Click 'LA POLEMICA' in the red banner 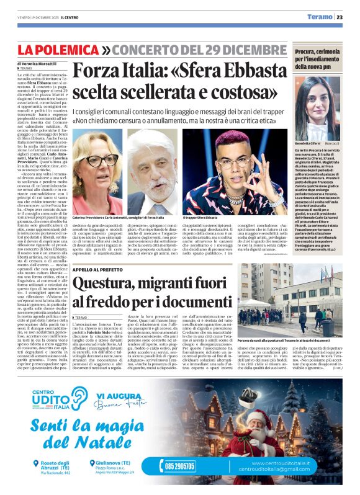click(57, 50)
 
